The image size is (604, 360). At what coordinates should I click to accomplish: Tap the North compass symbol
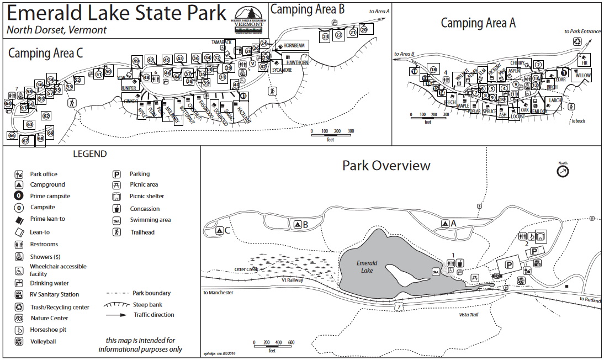[563, 171]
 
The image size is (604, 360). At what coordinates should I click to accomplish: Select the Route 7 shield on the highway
[399, 305]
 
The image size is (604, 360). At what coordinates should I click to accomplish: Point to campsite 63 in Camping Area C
[29, 124]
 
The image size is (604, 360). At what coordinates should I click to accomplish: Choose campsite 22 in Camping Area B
[339, 35]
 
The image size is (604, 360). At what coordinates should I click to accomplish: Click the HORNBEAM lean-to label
[294, 45]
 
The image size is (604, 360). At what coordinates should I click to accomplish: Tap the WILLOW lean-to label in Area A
[583, 75]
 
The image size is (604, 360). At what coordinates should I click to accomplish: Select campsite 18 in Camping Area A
[433, 69]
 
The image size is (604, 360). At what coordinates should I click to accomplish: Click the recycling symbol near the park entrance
[577, 41]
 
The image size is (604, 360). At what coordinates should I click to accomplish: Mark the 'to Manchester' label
[218, 293]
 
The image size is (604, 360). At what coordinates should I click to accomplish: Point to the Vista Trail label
[469, 314]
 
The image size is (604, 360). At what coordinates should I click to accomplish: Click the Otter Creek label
[246, 269]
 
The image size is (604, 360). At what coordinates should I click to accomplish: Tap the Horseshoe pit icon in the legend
[19, 330]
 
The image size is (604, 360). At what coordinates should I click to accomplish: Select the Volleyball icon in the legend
[19, 341]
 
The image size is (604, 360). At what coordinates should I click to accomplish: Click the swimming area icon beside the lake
[436, 272]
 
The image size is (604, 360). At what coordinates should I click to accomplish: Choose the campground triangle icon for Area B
[298, 224]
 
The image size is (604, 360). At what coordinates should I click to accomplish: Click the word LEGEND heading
[90, 154]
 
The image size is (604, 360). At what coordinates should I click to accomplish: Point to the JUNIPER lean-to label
[129, 87]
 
